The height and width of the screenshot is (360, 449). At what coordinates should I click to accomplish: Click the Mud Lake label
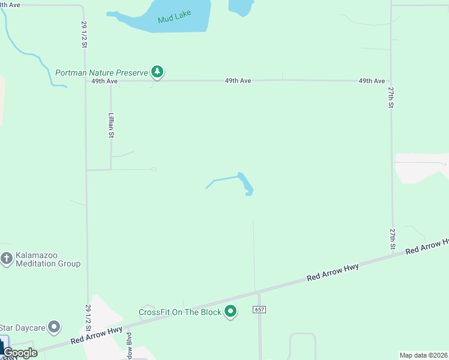coord(174,18)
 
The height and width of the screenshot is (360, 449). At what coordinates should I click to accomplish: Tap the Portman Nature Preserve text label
coord(101,73)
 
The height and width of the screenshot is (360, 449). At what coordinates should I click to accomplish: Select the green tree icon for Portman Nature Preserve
coord(157,72)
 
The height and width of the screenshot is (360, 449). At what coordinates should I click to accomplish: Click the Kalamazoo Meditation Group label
coord(48,260)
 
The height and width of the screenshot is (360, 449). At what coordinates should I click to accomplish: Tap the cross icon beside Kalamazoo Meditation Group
coord(6,259)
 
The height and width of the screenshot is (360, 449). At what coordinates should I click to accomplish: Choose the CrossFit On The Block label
coord(180,312)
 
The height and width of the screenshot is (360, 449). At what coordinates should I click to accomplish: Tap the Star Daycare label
coord(23,328)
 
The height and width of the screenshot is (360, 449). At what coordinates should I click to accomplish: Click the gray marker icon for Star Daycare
coord(55,327)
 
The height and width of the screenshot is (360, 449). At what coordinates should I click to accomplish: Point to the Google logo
coord(20,353)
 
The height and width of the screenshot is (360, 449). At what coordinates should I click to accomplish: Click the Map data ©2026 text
coord(424,355)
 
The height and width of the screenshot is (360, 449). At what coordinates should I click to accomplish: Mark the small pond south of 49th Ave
coord(245,184)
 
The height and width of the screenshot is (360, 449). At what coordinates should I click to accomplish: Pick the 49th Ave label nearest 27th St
coord(372,80)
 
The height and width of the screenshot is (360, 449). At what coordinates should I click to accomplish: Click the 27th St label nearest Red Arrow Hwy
coord(392,239)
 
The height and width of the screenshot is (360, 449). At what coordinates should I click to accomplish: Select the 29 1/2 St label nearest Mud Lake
coord(84,35)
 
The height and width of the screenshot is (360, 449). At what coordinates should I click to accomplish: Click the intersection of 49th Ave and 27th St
coord(391,80)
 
